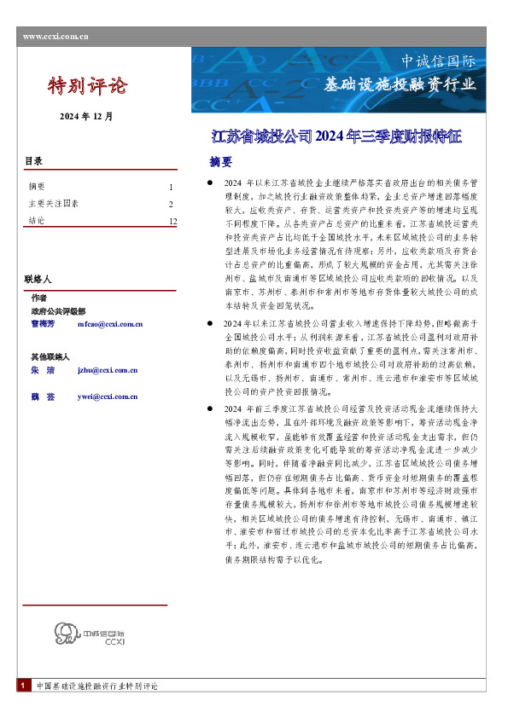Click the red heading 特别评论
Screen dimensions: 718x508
[86, 85]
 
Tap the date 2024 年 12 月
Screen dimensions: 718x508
[85, 115]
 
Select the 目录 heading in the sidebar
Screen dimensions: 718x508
[33, 161]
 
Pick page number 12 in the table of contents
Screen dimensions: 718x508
[172, 222]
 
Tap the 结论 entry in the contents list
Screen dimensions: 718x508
[37, 222]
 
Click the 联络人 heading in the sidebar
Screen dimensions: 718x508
[38, 279]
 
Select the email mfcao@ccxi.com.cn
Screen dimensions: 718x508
[109, 324]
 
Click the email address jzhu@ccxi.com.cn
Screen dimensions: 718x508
[107, 371]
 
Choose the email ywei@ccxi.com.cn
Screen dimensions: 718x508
[107, 397]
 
